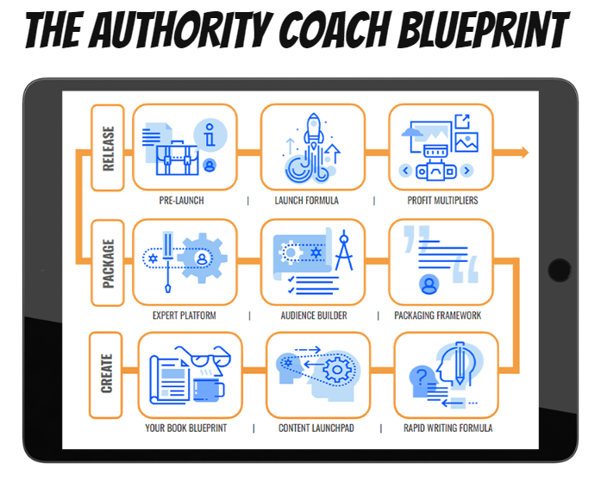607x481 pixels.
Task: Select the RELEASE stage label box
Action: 108,147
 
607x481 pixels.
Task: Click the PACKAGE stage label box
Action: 108,263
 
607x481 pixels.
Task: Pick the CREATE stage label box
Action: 106,375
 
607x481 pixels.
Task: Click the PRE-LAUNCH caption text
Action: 182,201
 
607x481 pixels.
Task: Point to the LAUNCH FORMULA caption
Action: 307,201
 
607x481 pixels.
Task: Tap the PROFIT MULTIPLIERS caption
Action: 442,201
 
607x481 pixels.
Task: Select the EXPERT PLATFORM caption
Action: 185,315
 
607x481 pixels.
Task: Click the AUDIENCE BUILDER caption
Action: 314,315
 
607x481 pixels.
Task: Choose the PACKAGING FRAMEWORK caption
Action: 438,315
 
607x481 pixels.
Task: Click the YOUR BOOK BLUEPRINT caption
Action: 186,428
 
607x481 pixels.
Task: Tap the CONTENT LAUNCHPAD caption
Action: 316,428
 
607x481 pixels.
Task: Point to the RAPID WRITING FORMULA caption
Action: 447,428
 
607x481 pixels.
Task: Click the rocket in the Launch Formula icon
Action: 314,132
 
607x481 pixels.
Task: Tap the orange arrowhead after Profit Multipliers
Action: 524,153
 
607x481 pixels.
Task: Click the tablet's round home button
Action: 560,270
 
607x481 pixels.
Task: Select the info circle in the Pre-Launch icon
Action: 210,135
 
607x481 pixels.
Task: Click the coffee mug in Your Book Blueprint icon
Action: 209,390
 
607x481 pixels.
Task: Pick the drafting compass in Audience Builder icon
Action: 344,251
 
